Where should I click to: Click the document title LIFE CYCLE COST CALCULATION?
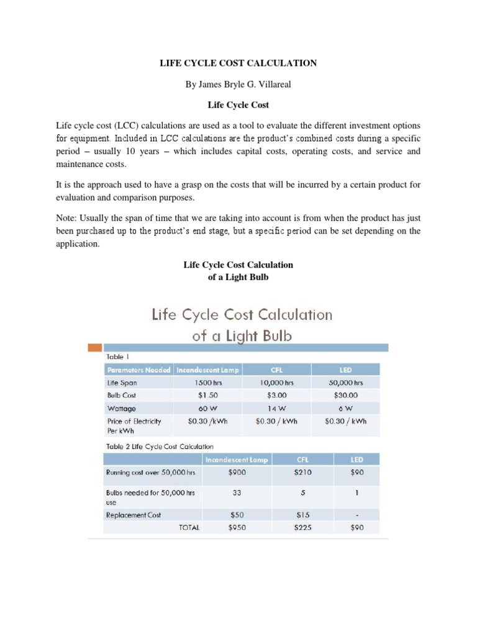pyautogui.click(x=238, y=63)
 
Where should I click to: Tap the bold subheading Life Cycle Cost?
pyautogui.click(x=238, y=105)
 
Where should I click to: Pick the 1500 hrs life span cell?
pyautogui.click(x=207, y=383)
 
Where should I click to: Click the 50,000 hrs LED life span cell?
pyautogui.click(x=345, y=383)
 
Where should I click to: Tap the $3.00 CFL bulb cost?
pyautogui.click(x=277, y=396)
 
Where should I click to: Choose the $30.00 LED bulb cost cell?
pyautogui.click(x=345, y=396)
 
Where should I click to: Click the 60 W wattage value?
pyautogui.click(x=207, y=409)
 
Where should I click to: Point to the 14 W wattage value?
pyautogui.click(x=277, y=409)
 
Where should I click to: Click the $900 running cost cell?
pyautogui.click(x=237, y=473)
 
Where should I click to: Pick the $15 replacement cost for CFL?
pyautogui.click(x=302, y=516)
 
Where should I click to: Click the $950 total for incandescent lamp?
pyautogui.click(x=237, y=528)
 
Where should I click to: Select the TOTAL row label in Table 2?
pyautogui.click(x=189, y=528)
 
